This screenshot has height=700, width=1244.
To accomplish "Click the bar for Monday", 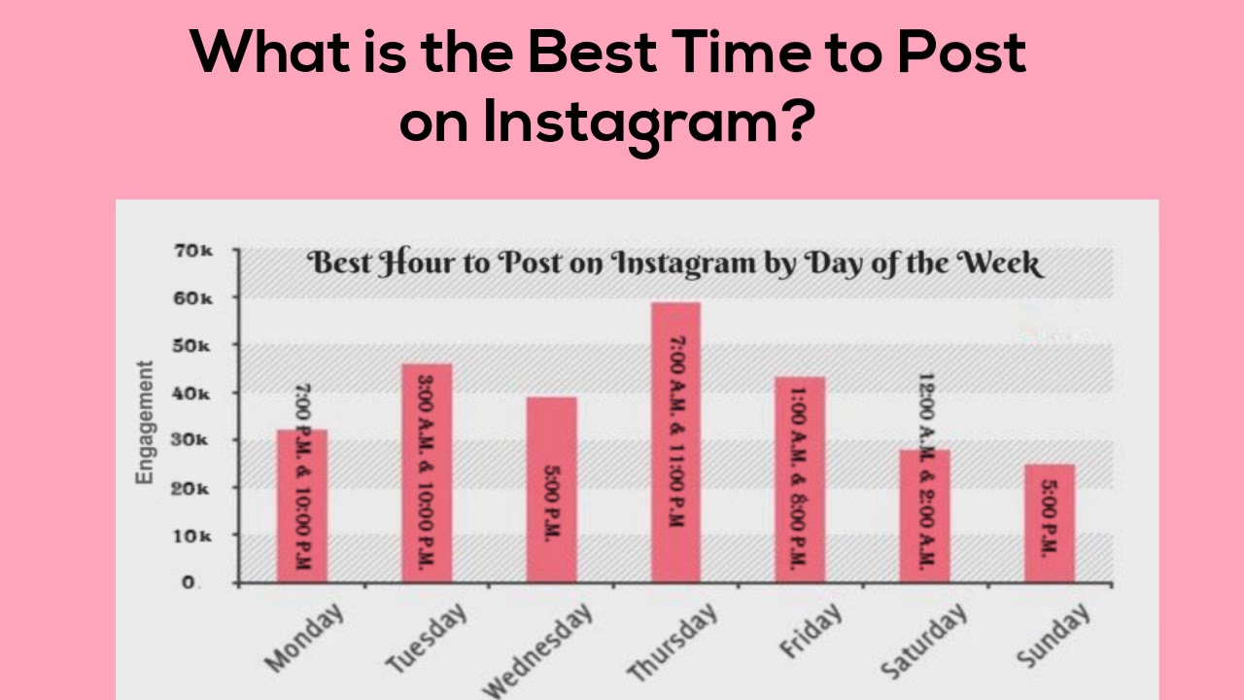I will (x=301, y=506).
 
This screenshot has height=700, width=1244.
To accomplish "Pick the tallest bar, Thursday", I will (x=675, y=442).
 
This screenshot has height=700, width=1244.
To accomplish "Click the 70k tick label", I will (x=193, y=251).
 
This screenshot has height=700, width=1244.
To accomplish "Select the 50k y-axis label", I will (x=193, y=346).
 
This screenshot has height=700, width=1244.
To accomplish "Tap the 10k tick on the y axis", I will (x=193, y=536).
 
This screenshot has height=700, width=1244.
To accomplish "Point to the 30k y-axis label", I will (x=193, y=440).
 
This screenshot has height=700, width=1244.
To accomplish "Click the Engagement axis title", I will (x=144, y=422).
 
